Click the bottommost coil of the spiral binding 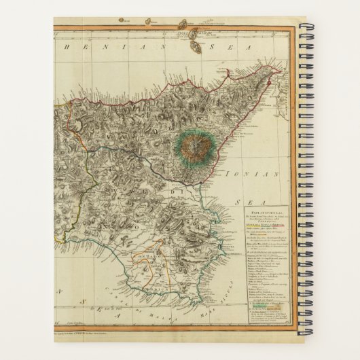click(302, 331)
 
